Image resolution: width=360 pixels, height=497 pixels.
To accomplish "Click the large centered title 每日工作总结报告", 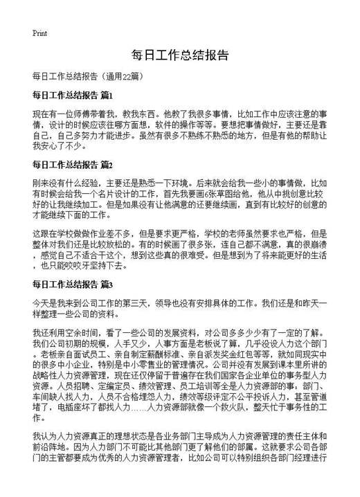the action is click(179, 55).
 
